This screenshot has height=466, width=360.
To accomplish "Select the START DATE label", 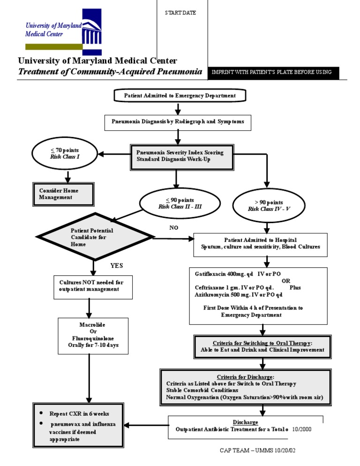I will tap(180, 13).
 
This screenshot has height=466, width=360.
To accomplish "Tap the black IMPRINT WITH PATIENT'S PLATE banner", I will tap(271, 72).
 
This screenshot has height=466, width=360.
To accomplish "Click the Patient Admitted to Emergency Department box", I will tap(180, 96).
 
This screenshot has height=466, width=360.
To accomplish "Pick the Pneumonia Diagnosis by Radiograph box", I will tap(178, 121).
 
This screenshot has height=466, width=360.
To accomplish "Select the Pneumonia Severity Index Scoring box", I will tap(180, 156).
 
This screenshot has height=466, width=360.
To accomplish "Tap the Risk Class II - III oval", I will tap(180, 203).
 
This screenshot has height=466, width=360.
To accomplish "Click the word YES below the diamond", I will tap(117, 265).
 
